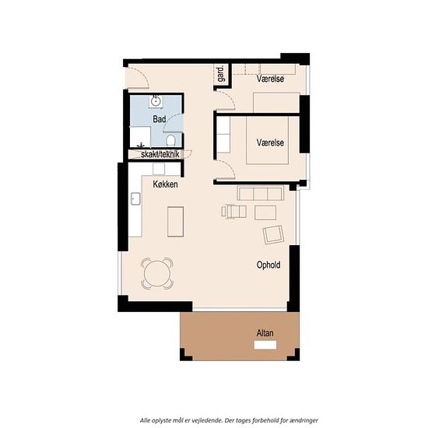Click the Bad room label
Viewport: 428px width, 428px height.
point(159,119)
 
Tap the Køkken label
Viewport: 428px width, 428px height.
point(165,184)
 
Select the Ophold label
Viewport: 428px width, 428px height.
point(268,265)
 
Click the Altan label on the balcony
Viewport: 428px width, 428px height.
point(265,333)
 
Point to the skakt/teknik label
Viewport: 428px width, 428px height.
point(160,154)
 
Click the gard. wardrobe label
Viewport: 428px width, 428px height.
point(221,73)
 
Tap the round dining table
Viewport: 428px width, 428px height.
point(157,273)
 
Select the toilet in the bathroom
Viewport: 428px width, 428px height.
point(170,140)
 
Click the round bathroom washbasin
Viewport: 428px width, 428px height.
point(156,101)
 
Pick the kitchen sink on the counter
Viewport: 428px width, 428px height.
point(135,198)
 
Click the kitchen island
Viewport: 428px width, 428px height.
point(176,222)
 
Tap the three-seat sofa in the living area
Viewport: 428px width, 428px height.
point(261,193)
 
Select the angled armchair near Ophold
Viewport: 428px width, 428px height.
point(273,234)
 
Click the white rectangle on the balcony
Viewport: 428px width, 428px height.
point(265,345)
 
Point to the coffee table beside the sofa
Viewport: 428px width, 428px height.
point(265,212)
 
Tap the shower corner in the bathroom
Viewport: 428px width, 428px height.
point(140,137)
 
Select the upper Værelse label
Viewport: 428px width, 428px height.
point(270,79)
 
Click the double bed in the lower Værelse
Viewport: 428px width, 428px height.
point(267,140)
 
